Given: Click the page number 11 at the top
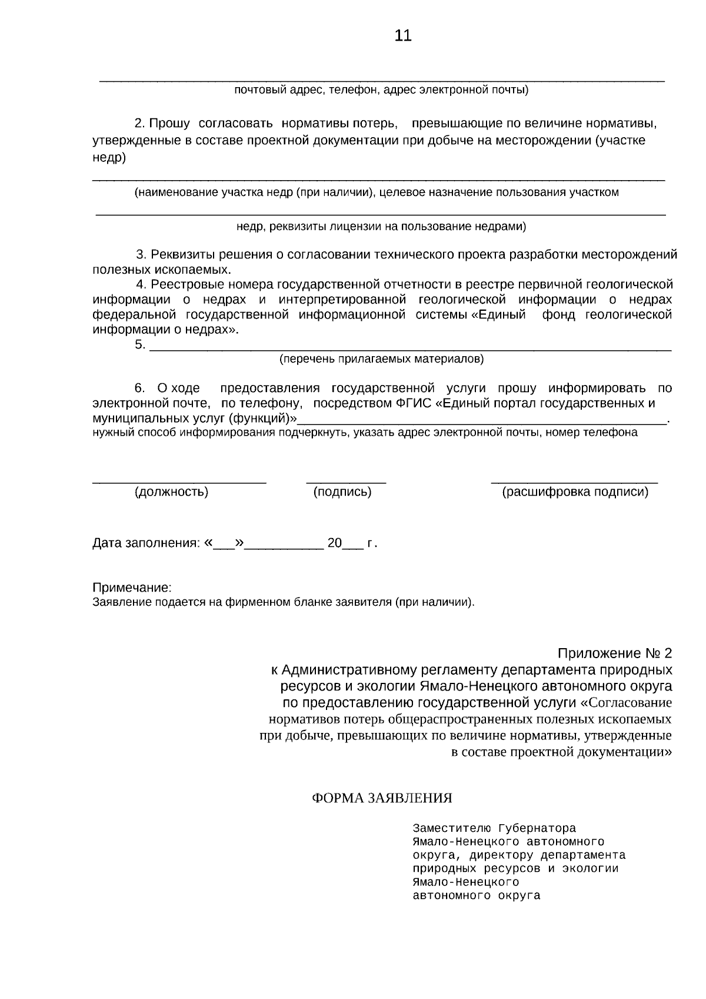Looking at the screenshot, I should [x=403, y=36].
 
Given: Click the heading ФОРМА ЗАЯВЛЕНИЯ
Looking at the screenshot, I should [x=381, y=798].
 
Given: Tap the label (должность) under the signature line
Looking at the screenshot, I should [x=171, y=492].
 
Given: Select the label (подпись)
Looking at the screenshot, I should [x=342, y=492].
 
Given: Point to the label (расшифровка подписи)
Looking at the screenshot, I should [x=575, y=492].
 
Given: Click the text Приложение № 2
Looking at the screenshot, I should [x=614, y=653].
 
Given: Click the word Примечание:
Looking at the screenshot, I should [x=132, y=588].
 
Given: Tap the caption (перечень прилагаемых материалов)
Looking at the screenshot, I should [x=381, y=359].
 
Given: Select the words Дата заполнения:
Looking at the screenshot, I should [x=146, y=543].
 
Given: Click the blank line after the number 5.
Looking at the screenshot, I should [x=410, y=348].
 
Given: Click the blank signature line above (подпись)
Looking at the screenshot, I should [x=346, y=482].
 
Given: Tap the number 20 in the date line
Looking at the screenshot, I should [x=334, y=543].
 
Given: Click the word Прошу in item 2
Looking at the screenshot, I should [x=169, y=124].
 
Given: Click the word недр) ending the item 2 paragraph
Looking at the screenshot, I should [x=109, y=157].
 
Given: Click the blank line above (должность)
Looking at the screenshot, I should [x=179, y=482].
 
